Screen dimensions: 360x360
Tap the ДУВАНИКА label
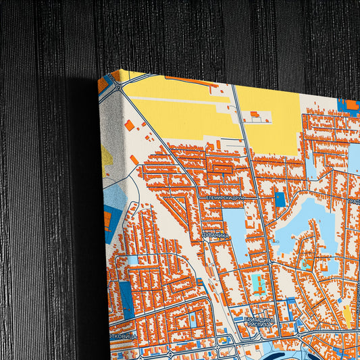215,235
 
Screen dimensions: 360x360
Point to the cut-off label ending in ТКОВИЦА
123,336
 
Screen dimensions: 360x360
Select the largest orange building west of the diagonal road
129,125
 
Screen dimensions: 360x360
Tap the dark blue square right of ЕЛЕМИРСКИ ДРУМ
280,200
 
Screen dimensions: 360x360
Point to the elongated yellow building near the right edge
348,315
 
